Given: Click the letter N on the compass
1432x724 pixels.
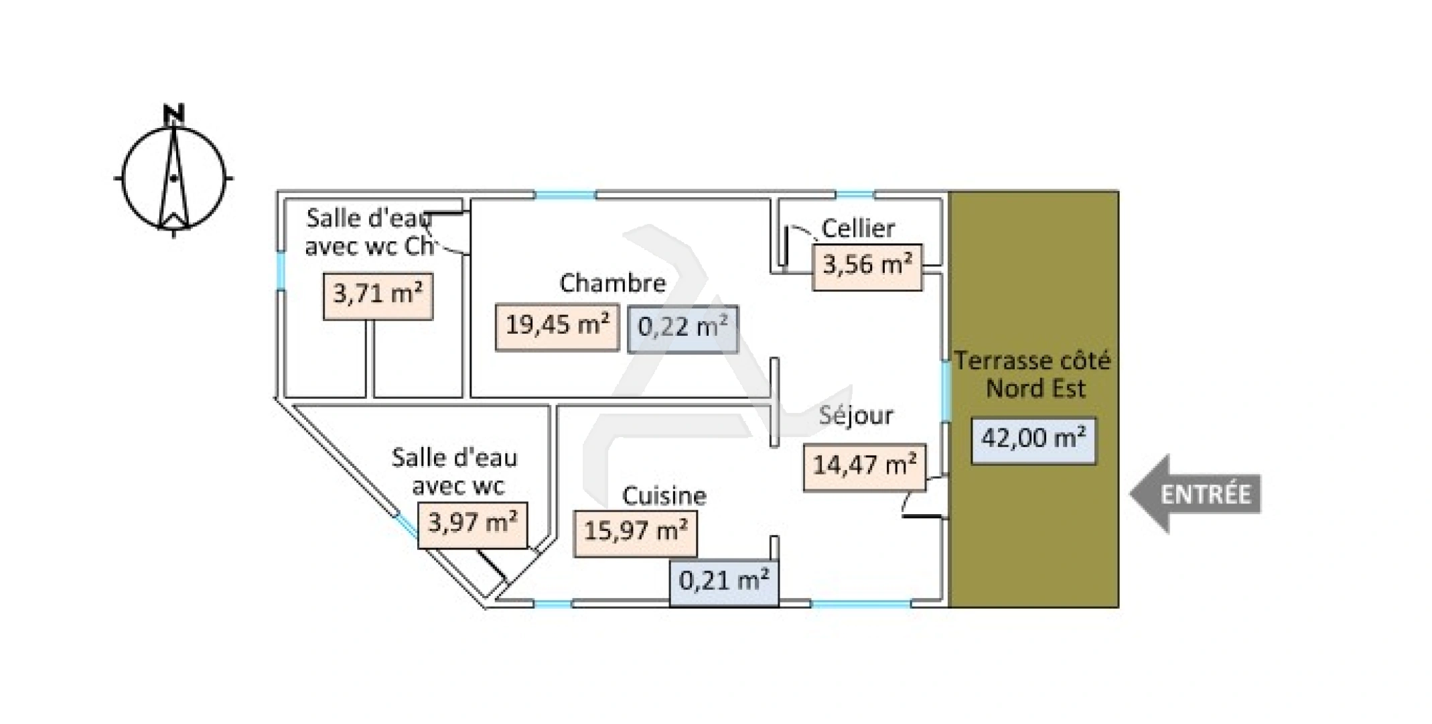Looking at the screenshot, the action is pyautogui.click(x=174, y=114).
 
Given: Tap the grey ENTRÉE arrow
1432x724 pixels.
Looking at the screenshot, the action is pyautogui.click(x=1196, y=494).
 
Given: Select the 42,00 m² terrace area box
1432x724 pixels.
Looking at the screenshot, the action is pyautogui.click(x=1033, y=440).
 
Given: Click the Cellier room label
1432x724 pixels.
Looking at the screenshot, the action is pyautogui.click(x=858, y=229).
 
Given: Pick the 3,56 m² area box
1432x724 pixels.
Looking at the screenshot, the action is pyautogui.click(x=867, y=267).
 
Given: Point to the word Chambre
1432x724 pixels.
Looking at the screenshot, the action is pyautogui.click(x=613, y=283).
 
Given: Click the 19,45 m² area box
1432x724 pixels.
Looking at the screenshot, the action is pyautogui.click(x=557, y=327).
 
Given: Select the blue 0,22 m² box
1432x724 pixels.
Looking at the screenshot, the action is pyautogui.click(x=683, y=329).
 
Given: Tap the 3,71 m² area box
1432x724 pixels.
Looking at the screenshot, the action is pyautogui.click(x=378, y=296).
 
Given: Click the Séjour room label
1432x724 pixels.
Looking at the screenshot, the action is pyautogui.click(x=856, y=416).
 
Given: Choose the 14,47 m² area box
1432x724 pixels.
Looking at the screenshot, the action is pyautogui.click(x=865, y=467).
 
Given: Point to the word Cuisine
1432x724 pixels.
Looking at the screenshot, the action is pyautogui.click(x=664, y=496).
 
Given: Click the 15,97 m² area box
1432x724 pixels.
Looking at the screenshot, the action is pyautogui.click(x=636, y=534).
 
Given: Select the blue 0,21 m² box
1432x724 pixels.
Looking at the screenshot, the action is pyautogui.click(x=724, y=583).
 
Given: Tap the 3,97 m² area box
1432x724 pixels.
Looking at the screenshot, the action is pyautogui.click(x=473, y=525).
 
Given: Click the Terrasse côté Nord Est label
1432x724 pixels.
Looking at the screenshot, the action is pyautogui.click(x=1033, y=375).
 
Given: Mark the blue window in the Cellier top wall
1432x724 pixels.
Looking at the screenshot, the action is pyautogui.click(x=855, y=194).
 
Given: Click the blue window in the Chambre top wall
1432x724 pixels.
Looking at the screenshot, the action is pyautogui.click(x=565, y=195).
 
